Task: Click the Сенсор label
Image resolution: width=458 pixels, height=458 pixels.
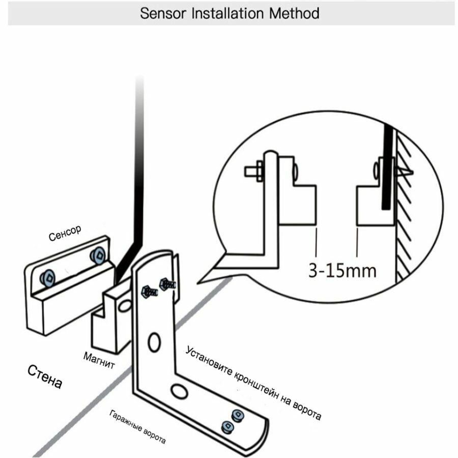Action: pyautogui.click(x=65, y=235)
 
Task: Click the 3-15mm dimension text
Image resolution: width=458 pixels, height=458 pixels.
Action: pyautogui.click(x=342, y=269)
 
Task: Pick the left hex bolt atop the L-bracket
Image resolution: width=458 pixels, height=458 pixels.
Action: pyautogui.click(x=148, y=292)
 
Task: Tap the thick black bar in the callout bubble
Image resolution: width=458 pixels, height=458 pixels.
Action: pyautogui.click(x=387, y=167)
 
